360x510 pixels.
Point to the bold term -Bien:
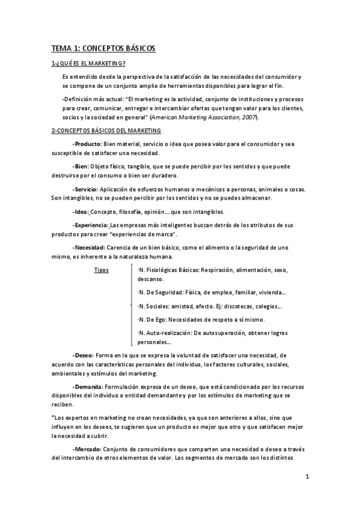pos(79,167)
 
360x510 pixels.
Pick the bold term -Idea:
pos(80,212)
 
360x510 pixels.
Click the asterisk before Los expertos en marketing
pos(52,417)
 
